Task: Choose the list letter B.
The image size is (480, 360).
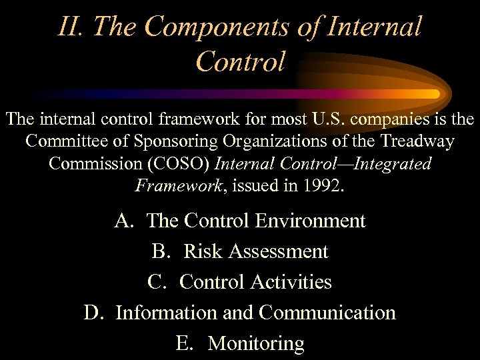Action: point(161,251)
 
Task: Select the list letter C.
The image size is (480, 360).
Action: point(157,282)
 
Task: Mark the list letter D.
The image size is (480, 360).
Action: point(93,313)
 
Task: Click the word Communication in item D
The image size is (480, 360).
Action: point(327,313)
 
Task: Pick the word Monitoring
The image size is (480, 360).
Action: point(256,343)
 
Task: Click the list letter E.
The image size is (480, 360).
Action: point(185,343)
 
